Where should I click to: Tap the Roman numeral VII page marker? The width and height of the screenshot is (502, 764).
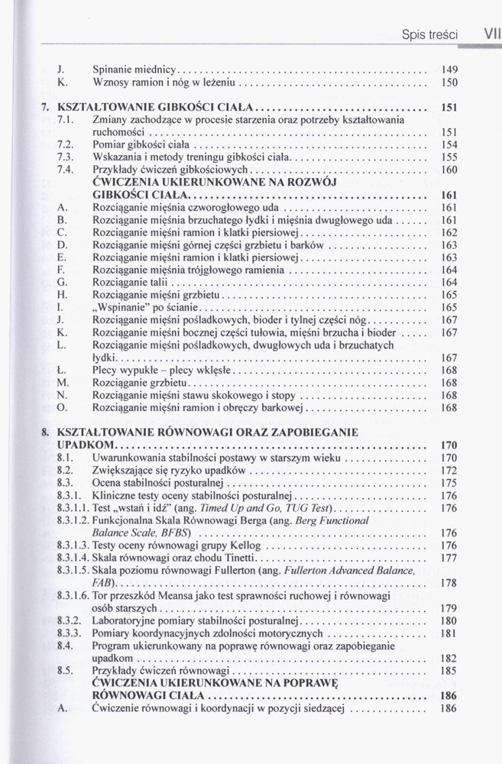486,34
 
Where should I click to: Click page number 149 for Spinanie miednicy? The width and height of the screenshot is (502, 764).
449,69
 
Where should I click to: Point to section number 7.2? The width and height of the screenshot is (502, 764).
65,144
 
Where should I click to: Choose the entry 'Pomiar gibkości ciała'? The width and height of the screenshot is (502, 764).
141,144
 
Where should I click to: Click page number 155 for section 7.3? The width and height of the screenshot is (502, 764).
449,157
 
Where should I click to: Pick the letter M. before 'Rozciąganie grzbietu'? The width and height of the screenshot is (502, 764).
63,383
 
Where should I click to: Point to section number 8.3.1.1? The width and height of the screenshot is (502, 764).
73,507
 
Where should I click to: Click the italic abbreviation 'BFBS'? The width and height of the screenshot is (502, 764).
175,533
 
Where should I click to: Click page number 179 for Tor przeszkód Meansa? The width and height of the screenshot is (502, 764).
449,608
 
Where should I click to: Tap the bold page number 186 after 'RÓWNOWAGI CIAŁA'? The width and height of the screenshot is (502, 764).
449,696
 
